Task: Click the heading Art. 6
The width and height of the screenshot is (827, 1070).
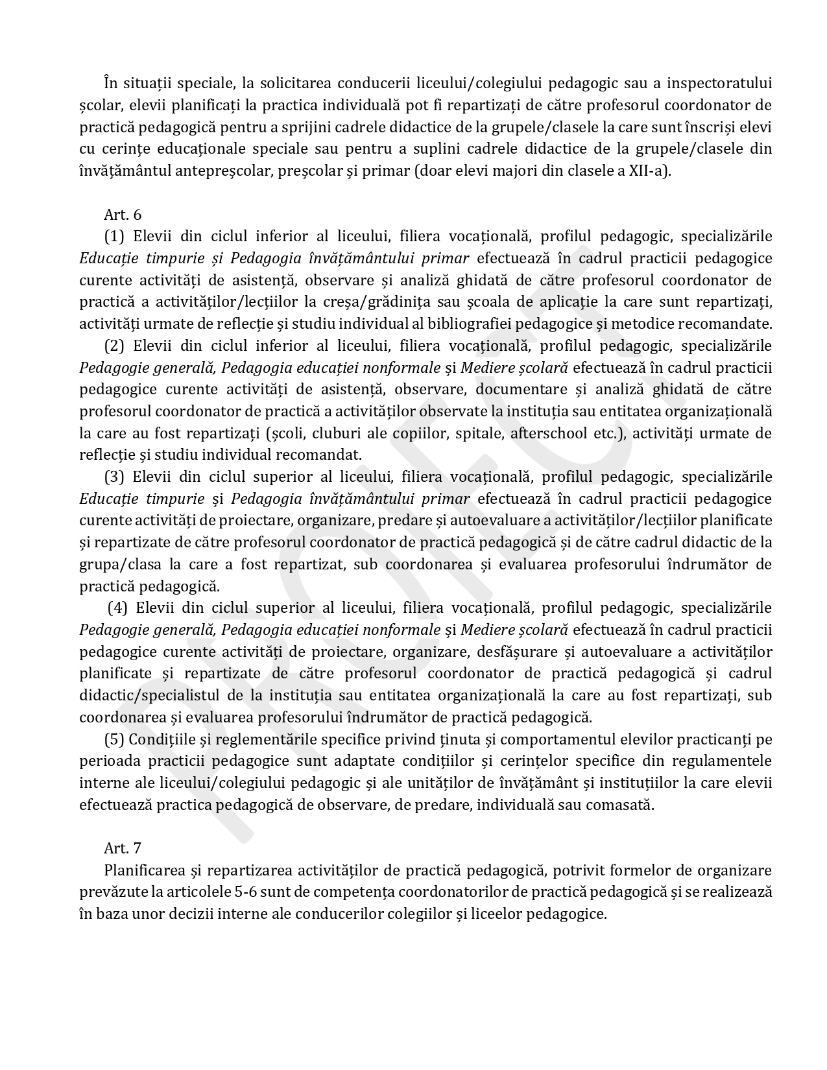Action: pyautogui.click(x=123, y=215)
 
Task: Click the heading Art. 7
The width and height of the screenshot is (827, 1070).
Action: pyautogui.click(x=123, y=848)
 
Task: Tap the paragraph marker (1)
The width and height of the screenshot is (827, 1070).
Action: pyautogui.click(x=114, y=237)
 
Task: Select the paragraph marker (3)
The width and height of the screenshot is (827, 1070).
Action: pyautogui.click(x=114, y=477)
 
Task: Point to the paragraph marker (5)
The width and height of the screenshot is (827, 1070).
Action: pyautogui.click(x=114, y=739)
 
